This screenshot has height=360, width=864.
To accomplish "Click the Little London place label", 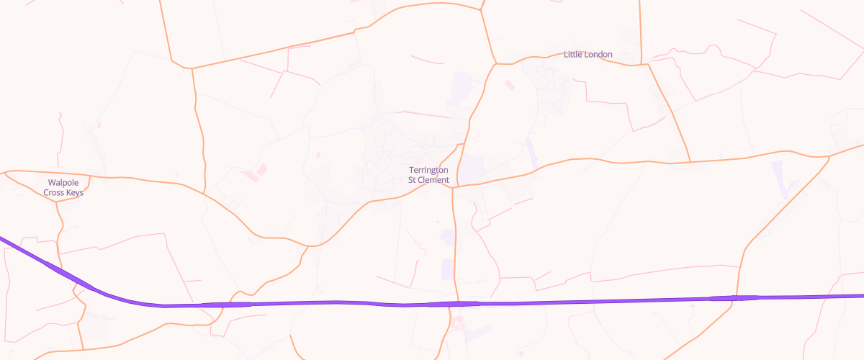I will [588, 55].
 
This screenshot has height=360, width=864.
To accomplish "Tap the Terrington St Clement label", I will [428, 175].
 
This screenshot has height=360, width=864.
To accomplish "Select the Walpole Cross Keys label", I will [63, 188].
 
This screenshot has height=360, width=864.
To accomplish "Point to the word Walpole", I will [63, 183].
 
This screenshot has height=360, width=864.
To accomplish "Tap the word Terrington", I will [429, 170].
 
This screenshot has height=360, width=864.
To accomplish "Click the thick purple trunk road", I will [576, 301].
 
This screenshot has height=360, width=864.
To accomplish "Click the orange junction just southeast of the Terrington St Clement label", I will [454, 187].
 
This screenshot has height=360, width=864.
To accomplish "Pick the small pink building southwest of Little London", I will [510, 85].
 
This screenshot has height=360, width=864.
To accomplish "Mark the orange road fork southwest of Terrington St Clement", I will [308, 246].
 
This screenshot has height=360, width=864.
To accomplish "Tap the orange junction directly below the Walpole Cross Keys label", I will [57, 202].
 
